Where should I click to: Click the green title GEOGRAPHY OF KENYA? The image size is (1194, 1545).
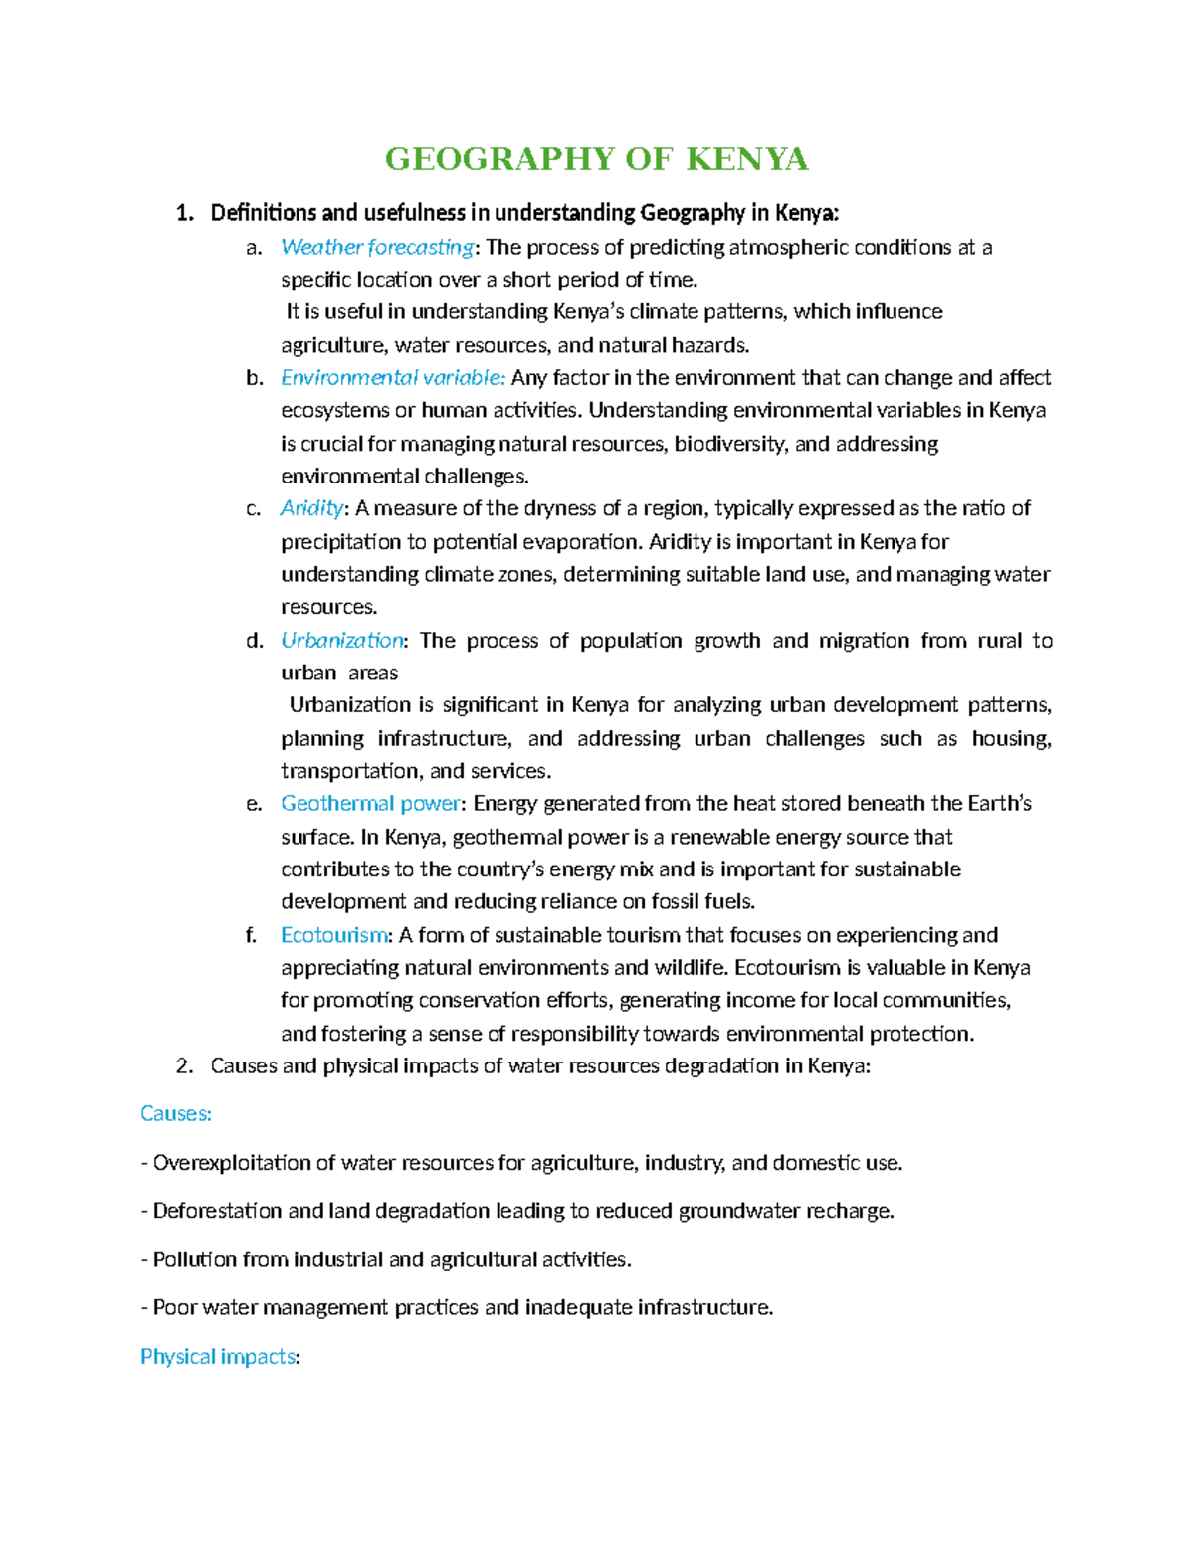click(596, 159)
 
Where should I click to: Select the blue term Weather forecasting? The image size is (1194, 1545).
click(377, 247)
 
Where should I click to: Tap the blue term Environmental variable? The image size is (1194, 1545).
click(392, 378)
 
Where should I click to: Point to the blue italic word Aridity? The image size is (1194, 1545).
click(311, 508)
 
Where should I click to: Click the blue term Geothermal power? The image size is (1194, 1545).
click(370, 804)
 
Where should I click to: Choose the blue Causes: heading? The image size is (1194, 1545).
click(176, 1114)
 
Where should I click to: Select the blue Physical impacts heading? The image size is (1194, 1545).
click(219, 1357)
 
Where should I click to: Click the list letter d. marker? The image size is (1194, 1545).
click(254, 641)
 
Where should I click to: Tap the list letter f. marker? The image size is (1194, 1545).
click(251, 935)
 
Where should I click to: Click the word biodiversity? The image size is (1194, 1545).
click(730, 444)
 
